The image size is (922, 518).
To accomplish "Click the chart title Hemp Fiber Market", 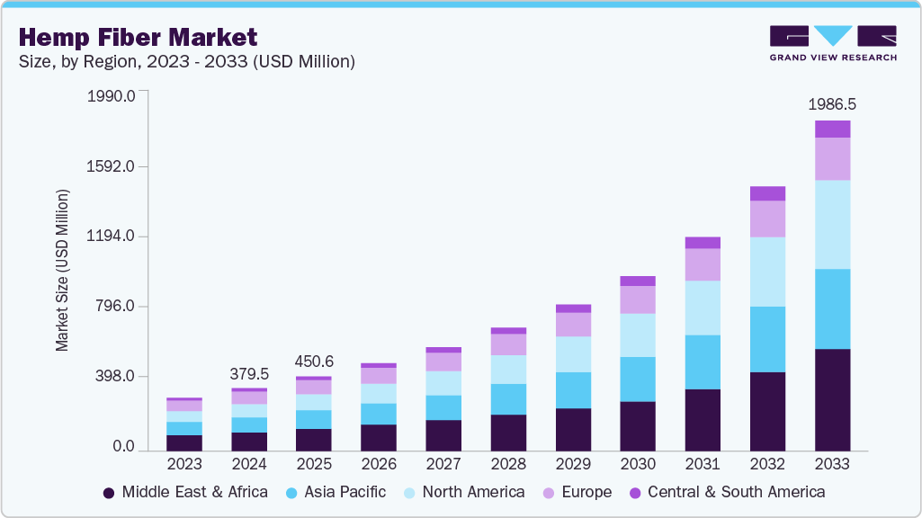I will click(x=138, y=37).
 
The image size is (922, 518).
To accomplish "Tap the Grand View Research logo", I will click(x=832, y=42).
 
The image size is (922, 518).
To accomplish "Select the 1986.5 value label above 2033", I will click(x=832, y=104).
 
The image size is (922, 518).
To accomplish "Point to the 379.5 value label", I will click(x=249, y=373).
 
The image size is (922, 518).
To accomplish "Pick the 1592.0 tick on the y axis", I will click(x=111, y=166).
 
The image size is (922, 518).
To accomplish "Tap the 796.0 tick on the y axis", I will click(x=115, y=307).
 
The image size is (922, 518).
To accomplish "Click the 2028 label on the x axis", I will click(x=508, y=464).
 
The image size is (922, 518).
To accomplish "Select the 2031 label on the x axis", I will click(x=703, y=464).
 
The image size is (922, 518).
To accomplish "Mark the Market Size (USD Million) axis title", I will click(x=62, y=270).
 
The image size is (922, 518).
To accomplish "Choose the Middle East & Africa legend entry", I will click(x=185, y=492).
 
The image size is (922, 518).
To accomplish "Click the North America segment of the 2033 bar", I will click(x=833, y=225).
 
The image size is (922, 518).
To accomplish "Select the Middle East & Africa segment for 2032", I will click(x=768, y=411).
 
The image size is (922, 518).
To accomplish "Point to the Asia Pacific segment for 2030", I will click(x=639, y=379).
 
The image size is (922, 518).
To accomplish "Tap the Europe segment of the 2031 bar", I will click(x=703, y=264).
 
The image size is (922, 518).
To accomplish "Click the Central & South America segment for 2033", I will click(x=833, y=129).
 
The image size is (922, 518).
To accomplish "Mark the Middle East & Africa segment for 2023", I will click(x=184, y=442).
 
